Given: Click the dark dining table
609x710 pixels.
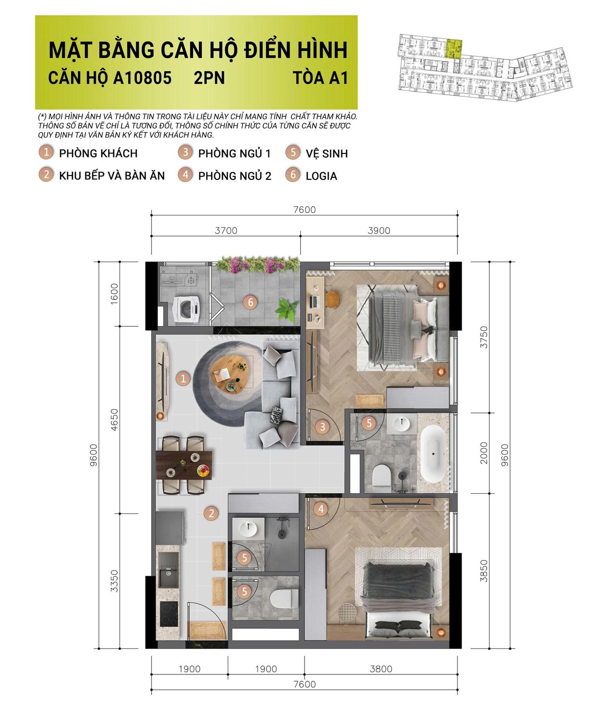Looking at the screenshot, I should pos(184,464).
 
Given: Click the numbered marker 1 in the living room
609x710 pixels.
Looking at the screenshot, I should pos(183,378).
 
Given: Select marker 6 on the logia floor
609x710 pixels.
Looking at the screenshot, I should pos(250,302).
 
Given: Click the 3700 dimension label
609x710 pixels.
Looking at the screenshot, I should pos(226,230).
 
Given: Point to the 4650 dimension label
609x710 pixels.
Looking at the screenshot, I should pos(114,419).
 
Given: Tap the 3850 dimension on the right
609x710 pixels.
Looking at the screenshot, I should pos(484,571).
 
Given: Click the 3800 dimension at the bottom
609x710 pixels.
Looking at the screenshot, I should pos(381,669).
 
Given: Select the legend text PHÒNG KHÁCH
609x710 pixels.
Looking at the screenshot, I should pos(98,153).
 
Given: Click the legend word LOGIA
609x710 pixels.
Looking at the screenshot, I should pos(321,176).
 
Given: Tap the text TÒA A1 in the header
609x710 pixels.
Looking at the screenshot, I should pos(320,78).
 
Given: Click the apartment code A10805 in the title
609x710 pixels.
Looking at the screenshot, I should pos(142,78).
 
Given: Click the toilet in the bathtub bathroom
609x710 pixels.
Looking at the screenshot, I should pos(382,475).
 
